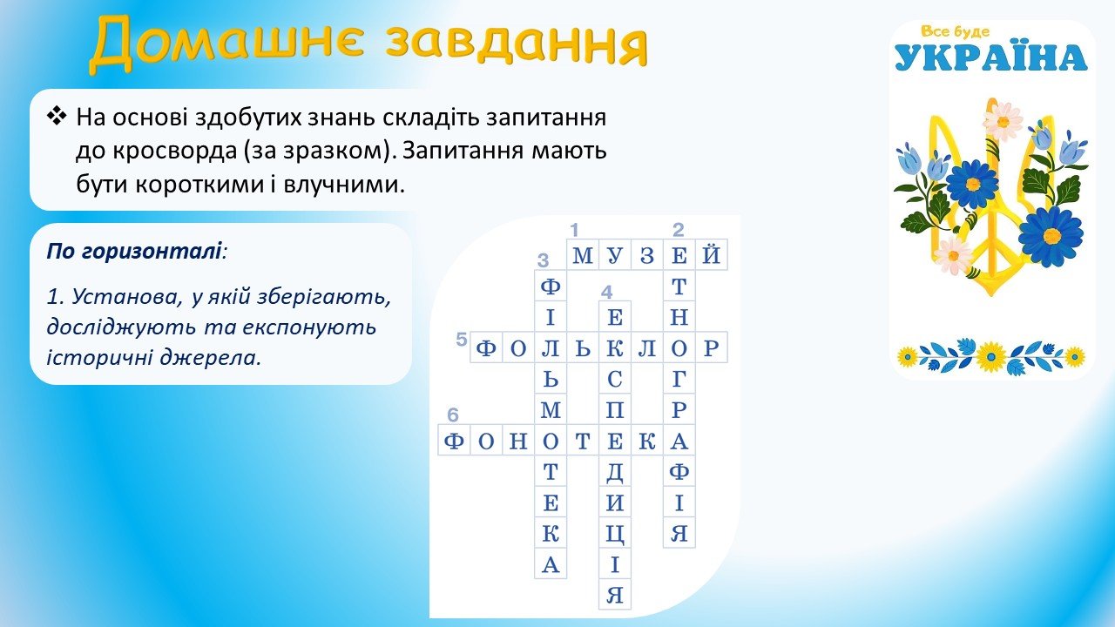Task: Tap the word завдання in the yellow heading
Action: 517,44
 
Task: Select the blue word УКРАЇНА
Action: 991,57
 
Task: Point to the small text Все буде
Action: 955,31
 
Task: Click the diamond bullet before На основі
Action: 57,117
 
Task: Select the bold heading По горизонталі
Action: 134,252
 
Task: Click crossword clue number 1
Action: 574,231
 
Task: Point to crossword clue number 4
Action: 606,292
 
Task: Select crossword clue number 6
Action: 452,415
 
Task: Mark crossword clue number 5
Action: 462,340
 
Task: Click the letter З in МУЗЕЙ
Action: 647,255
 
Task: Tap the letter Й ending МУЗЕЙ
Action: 711,254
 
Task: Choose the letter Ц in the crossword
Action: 615,535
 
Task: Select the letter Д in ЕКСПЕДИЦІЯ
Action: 615,473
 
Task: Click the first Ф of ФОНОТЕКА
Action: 454,441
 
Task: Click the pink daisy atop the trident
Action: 1003,121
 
